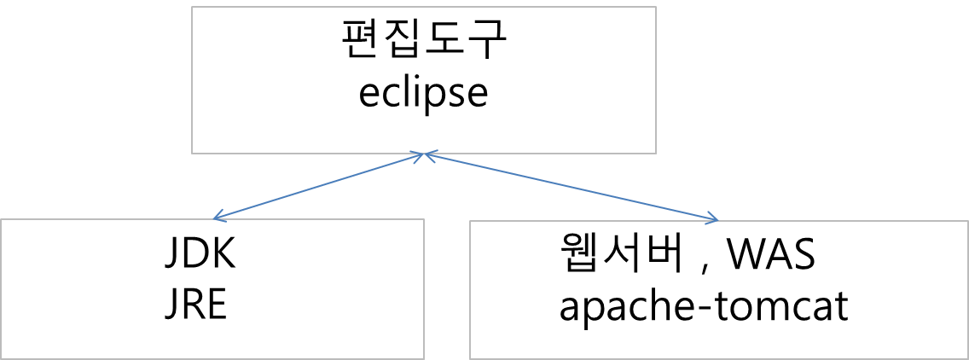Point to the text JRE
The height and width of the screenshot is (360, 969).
194,305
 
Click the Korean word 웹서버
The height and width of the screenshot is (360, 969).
617,255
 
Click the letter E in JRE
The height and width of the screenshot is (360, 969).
217,305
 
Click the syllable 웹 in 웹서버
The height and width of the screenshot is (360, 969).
576,255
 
